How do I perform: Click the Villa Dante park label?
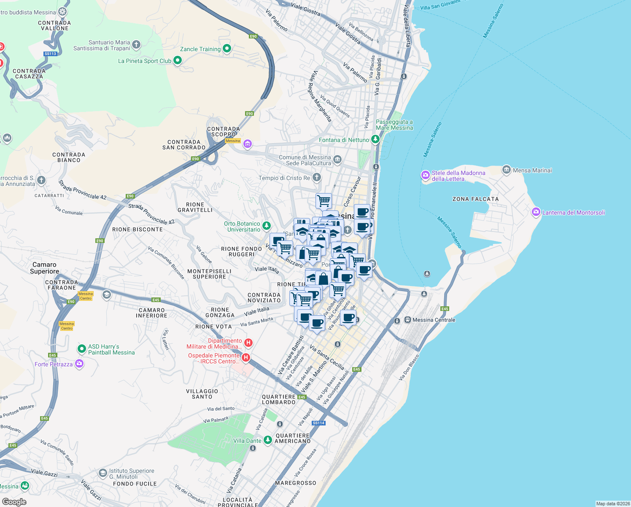pyautogui.click(x=247, y=441)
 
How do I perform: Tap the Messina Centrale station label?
pyautogui.click(x=434, y=320)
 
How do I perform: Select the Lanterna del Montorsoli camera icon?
pyautogui.click(x=536, y=212)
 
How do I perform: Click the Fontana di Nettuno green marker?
pyautogui.click(x=375, y=139)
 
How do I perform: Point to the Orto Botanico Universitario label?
pyautogui.click(x=242, y=226)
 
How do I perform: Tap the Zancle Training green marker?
pyautogui.click(x=227, y=49)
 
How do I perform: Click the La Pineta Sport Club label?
pyautogui.click(x=145, y=61)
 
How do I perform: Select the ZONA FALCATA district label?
pyautogui.click(x=475, y=199)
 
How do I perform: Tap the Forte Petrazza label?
pyautogui.click(x=54, y=364)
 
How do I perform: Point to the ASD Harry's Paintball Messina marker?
pyautogui.click(x=82, y=349)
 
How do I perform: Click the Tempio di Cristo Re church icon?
pyautogui.click(x=317, y=177)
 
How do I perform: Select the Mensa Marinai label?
pyautogui.click(x=532, y=170)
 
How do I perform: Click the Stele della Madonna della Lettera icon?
pyautogui.click(x=425, y=175)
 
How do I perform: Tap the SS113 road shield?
pyautogui.click(x=50, y=54)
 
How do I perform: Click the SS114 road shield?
pyautogui.click(x=318, y=423)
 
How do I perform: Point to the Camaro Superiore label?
pyautogui.click(x=44, y=268)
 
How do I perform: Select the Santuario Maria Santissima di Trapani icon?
pyautogui.click(x=136, y=44)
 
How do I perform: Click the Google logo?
pyautogui.click(x=14, y=502)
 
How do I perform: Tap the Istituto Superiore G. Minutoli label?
pyautogui.click(x=132, y=474)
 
